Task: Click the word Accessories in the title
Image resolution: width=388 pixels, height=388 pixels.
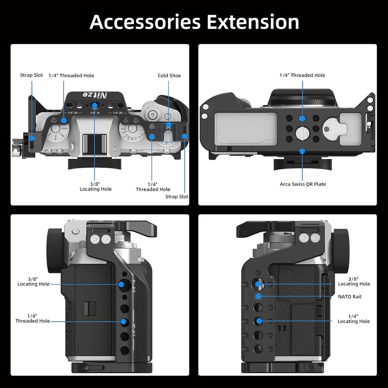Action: pyautogui.click(x=145, y=22)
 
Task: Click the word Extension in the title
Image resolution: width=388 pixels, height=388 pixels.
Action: pyautogui.click(x=253, y=22)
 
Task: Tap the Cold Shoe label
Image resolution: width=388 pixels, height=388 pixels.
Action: pyautogui.click(x=169, y=76)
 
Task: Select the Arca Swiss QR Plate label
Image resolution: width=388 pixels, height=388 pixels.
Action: pyautogui.click(x=303, y=184)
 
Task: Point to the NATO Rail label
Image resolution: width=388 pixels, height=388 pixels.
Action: pyautogui.click(x=350, y=296)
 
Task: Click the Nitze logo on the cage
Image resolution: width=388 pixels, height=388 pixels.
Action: pyautogui.click(x=95, y=95)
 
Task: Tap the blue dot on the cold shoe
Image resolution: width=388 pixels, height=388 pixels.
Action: pyautogui.click(x=168, y=125)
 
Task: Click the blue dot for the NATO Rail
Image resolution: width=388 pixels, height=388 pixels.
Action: pyautogui.click(x=258, y=296)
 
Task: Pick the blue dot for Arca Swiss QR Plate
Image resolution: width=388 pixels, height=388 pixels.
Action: pyautogui.click(x=302, y=151)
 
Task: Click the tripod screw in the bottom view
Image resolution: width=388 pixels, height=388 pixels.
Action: pyautogui.click(x=302, y=133)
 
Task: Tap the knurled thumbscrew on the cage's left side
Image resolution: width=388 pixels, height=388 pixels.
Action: pyautogui.click(x=17, y=149)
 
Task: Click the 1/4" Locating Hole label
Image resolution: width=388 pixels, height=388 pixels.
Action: pyautogui.click(x=353, y=319)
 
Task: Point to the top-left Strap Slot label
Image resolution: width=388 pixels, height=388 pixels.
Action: pyautogui.click(x=31, y=75)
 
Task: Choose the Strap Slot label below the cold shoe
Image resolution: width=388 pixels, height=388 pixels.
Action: pyautogui.click(x=177, y=196)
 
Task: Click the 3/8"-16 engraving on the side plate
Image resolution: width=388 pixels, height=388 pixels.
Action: pyautogui.click(x=134, y=286)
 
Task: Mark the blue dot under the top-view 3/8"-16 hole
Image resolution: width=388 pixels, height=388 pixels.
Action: pyautogui.click(x=95, y=106)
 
